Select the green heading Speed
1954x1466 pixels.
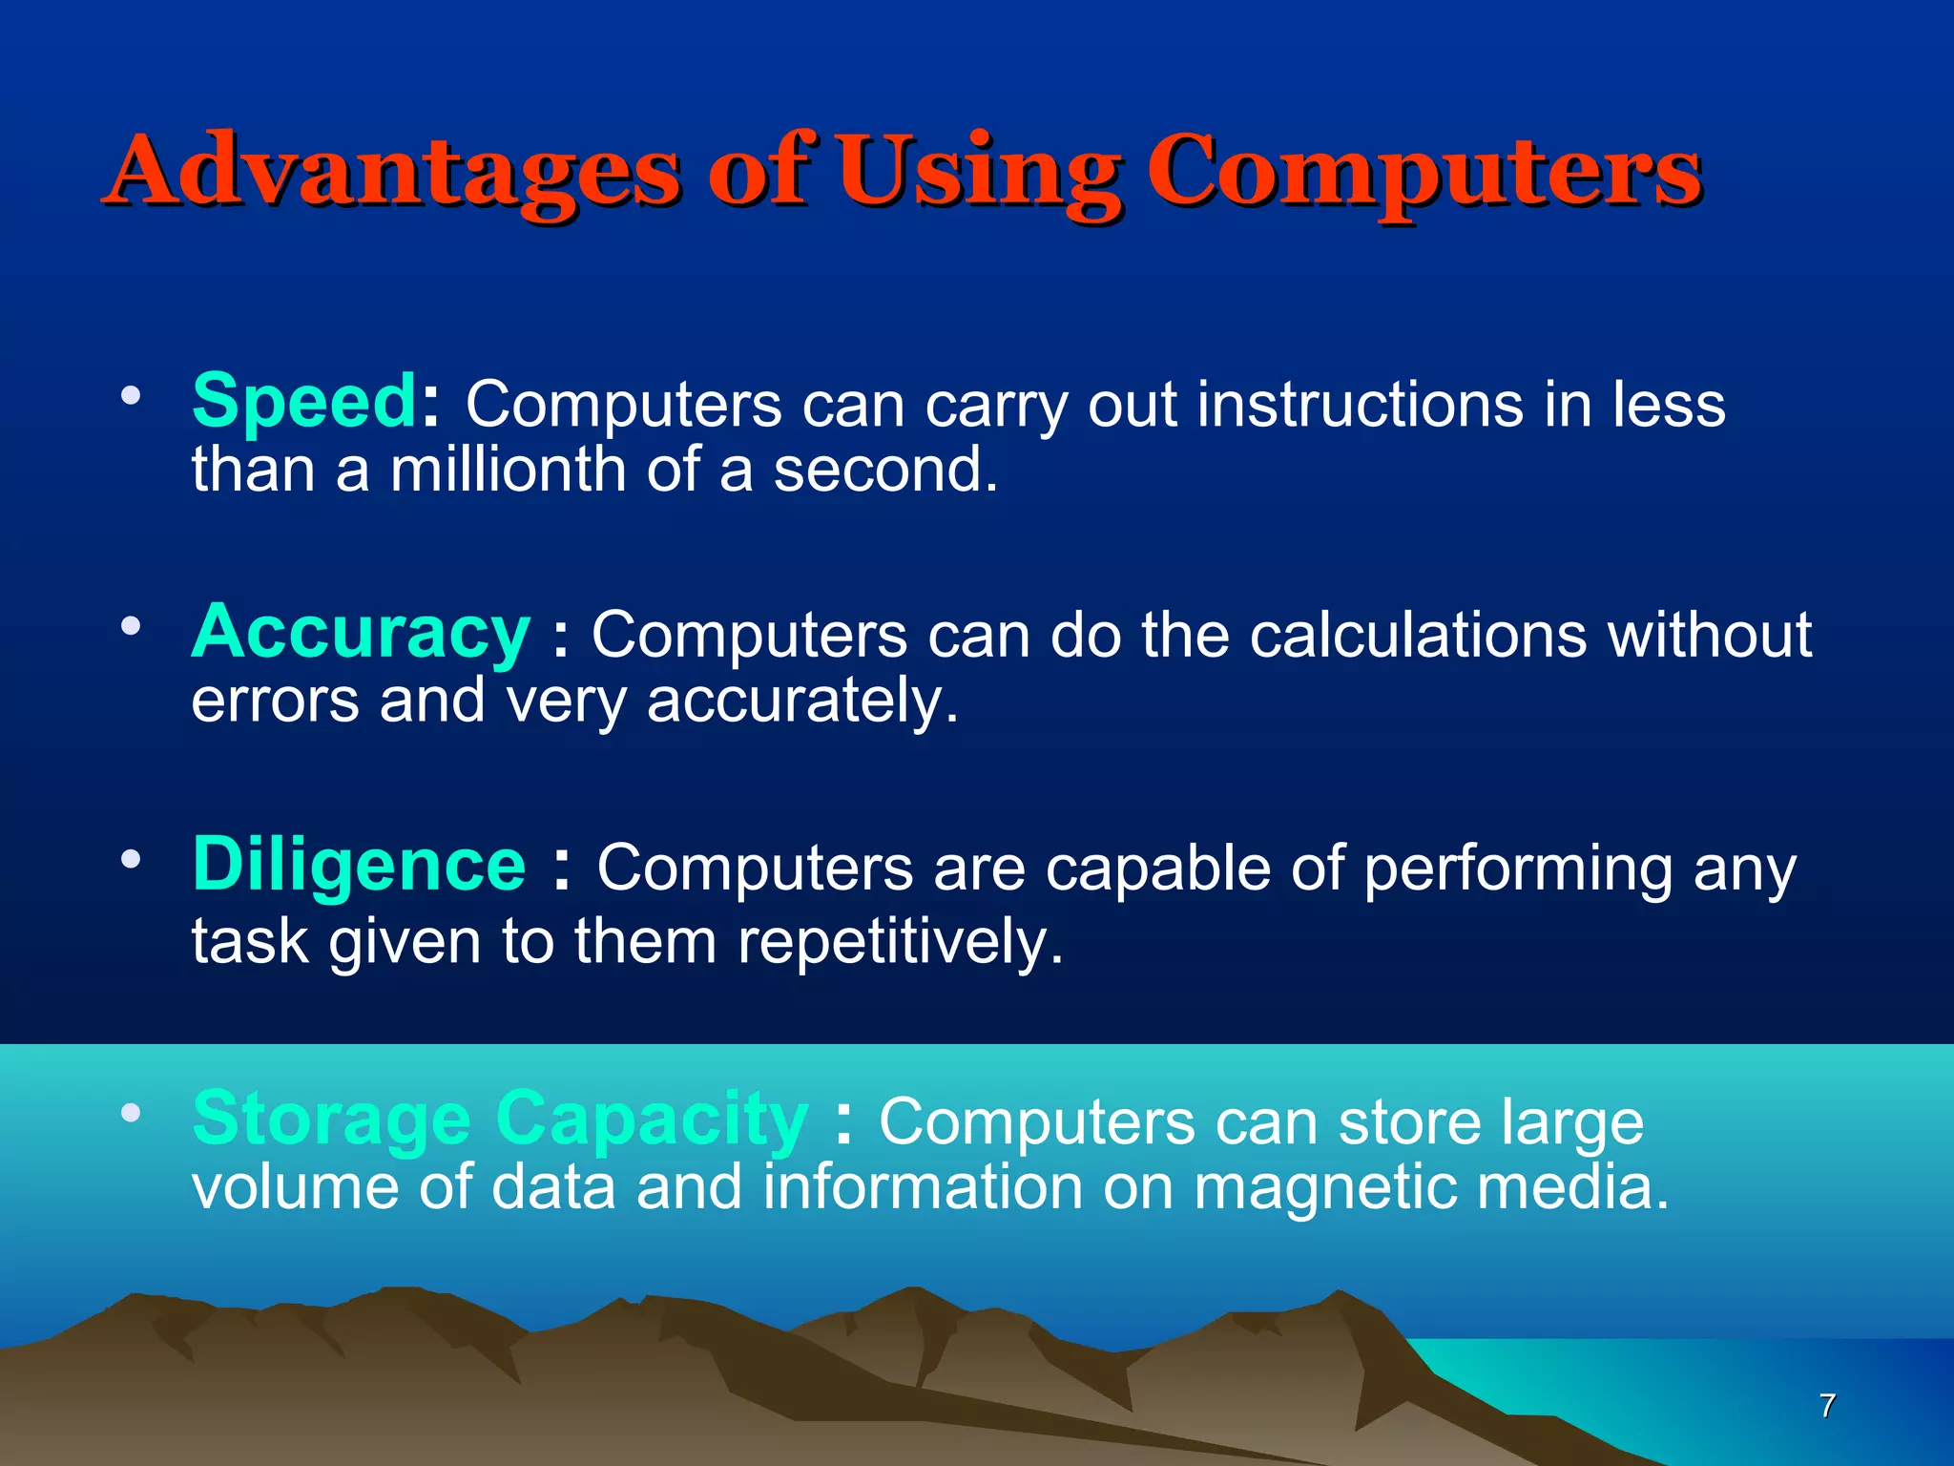303,401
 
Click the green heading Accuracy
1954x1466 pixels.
361,633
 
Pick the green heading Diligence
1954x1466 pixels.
359,865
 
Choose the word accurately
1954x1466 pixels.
801,702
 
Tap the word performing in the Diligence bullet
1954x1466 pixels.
1517,869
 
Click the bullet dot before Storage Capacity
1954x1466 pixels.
131,1113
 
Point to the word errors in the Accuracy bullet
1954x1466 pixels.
275,702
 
